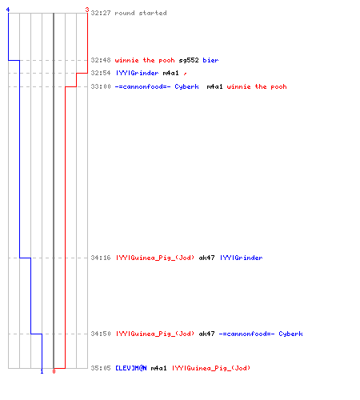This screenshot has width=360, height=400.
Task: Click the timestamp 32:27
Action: (101, 13)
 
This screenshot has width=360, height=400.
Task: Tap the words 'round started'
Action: (141, 13)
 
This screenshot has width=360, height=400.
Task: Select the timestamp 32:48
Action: (101, 60)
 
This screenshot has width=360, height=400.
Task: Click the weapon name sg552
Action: (189, 60)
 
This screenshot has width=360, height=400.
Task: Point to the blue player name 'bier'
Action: (210, 60)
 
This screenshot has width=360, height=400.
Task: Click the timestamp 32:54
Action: (101, 73)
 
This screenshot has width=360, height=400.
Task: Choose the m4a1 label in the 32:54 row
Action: (170, 73)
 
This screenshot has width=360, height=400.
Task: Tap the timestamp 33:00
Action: (101, 86)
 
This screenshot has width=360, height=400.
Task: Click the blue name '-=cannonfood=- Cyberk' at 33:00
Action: (157, 86)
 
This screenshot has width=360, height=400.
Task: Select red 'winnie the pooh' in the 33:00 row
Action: (257, 86)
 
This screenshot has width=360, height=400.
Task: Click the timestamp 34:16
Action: (101, 258)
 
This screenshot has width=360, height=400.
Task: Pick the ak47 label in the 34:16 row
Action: (206, 258)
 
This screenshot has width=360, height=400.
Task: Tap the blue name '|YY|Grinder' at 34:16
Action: (241, 258)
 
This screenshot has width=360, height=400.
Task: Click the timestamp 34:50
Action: (101, 334)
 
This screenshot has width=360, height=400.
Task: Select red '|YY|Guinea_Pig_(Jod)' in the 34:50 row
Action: (155, 334)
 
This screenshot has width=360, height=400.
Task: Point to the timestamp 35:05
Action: (101, 368)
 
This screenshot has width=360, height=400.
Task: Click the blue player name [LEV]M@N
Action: (131, 368)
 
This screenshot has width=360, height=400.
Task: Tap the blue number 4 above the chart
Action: (8, 10)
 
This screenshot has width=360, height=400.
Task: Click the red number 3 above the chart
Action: (87, 10)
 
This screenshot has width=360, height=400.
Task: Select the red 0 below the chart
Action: (54, 371)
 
